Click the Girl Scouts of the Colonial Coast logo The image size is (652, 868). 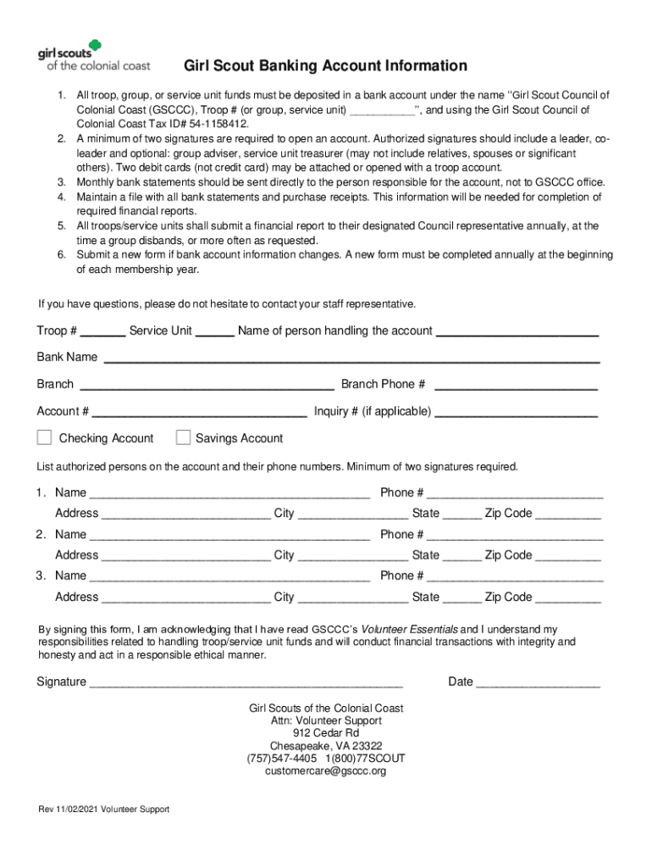pyautogui.click(x=93, y=55)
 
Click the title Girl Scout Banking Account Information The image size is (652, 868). pyautogui.click(x=325, y=66)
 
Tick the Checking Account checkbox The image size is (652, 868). pyautogui.click(x=44, y=437)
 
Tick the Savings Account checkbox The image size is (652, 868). pyautogui.click(x=183, y=437)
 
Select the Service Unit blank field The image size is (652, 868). pyautogui.click(x=215, y=331)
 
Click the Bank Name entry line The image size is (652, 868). pyautogui.click(x=351, y=358)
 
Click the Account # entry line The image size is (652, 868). pyautogui.click(x=199, y=412)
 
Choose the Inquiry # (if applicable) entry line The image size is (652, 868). pyautogui.click(x=516, y=412)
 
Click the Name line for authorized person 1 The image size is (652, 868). pyautogui.click(x=229, y=493)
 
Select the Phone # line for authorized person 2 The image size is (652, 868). pyautogui.click(x=515, y=535)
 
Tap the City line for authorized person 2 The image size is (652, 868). pyautogui.click(x=352, y=556)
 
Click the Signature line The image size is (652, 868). pyautogui.click(x=246, y=682)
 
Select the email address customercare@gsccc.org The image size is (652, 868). pyautogui.click(x=325, y=771)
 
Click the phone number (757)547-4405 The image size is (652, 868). pyautogui.click(x=282, y=758)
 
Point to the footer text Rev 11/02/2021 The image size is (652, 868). pyautogui.click(x=67, y=810)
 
